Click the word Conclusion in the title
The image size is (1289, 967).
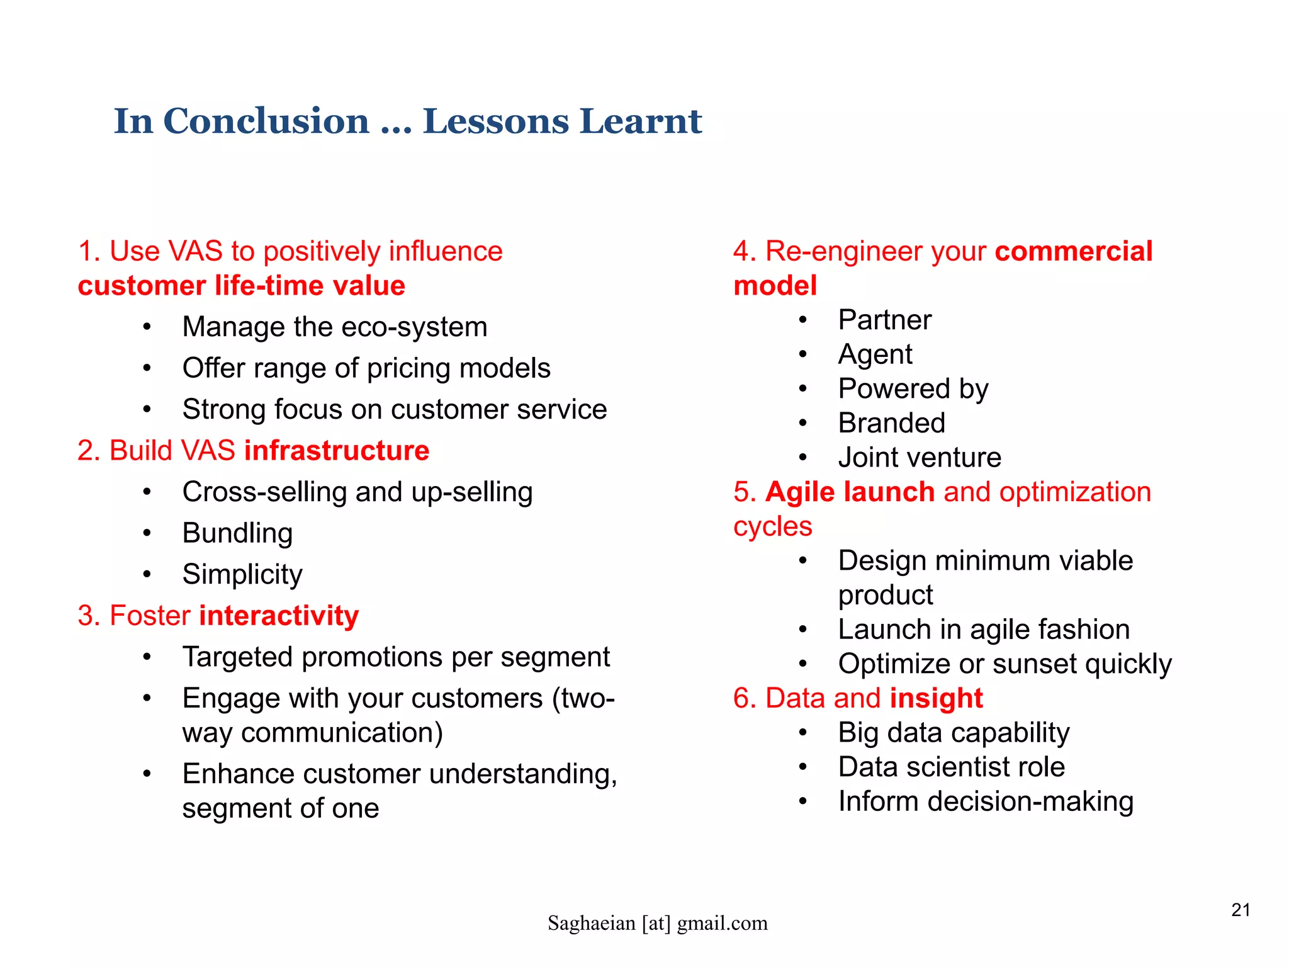266,121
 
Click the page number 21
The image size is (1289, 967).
1241,910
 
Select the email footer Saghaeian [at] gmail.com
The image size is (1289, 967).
657,923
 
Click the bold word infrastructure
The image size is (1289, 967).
337,451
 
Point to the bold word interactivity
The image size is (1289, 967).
279,616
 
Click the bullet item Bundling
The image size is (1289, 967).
237,533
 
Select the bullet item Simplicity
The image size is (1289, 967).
242,574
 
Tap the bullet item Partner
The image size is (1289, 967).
884,320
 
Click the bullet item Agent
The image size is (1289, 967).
875,354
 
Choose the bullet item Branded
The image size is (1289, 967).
891,423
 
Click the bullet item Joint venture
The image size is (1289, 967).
919,458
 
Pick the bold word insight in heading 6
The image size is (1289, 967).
936,698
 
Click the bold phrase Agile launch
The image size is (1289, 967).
850,492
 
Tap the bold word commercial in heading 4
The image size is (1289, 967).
1073,251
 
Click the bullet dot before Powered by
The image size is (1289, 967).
802,389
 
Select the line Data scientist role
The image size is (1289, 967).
951,767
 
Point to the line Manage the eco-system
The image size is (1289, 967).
334,327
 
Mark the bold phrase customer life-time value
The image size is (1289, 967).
241,286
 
